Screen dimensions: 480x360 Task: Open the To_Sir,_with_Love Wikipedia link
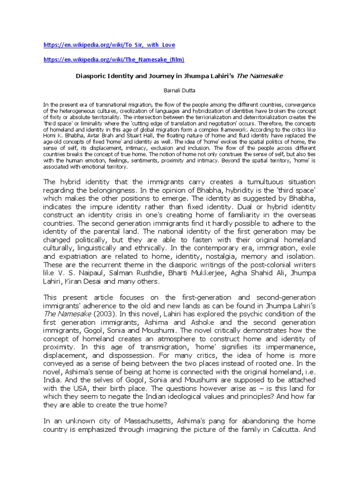(x=109, y=45)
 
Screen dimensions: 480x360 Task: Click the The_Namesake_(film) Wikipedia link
(x=114, y=60)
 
